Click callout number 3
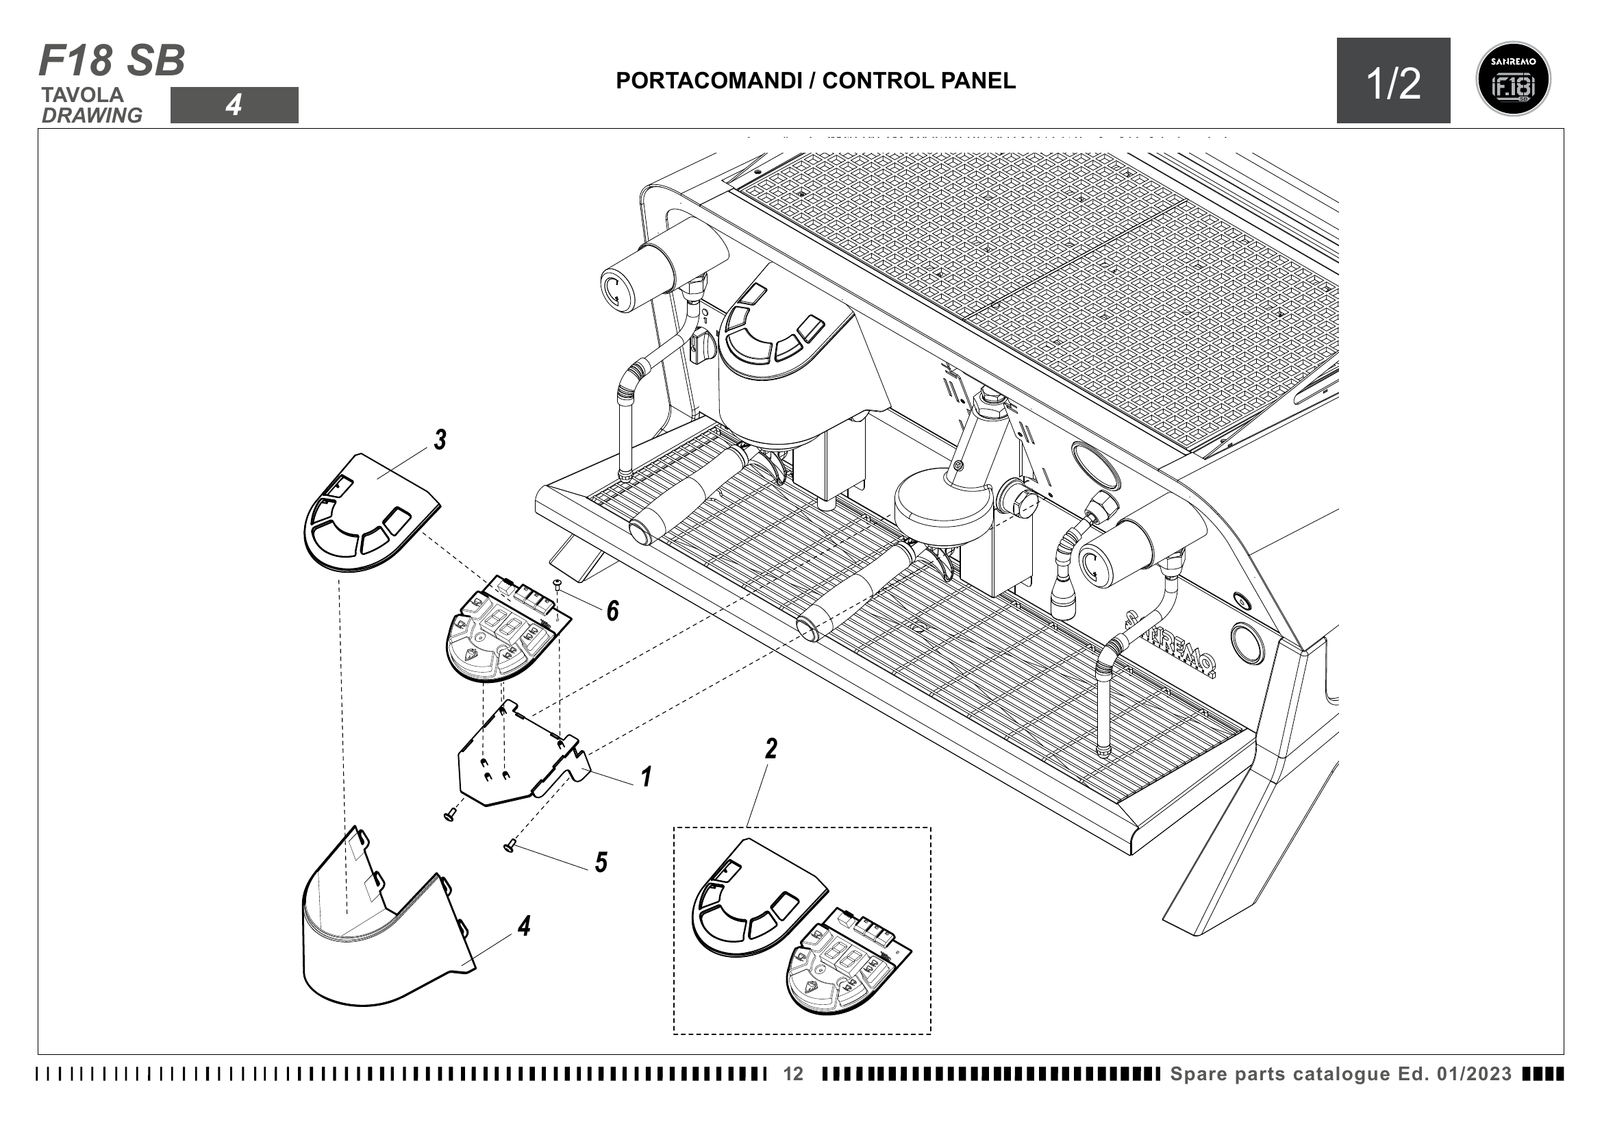pos(440,440)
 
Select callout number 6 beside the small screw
pos(612,611)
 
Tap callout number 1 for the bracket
pos(646,777)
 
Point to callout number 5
pos(601,863)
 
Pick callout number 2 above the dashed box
pos(771,749)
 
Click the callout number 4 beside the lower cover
pos(524,927)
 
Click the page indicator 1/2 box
pos(1392,82)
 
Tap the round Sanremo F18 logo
pos(1514,79)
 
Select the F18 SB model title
pos(112,61)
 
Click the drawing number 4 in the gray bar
pos(234,105)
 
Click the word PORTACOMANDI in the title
pos(708,81)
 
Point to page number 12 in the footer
pos(793,1073)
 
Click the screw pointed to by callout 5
pos(509,846)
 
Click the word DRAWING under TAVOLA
pos(92,116)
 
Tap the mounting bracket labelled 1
pos(516,760)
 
